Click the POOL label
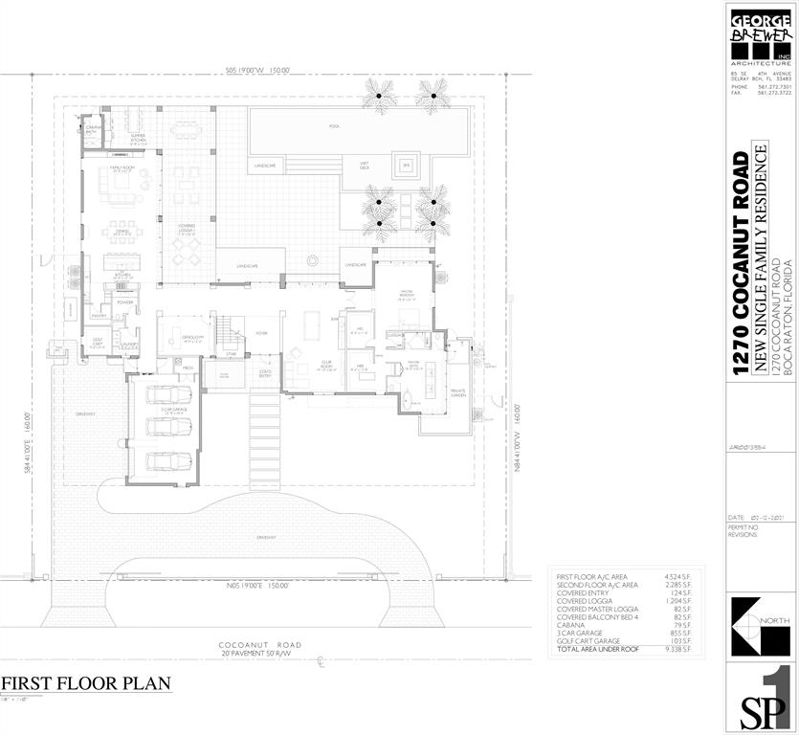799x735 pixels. tap(334, 125)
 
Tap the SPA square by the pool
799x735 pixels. tap(406, 165)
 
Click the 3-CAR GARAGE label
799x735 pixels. tap(173, 411)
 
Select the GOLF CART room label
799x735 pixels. tap(97, 340)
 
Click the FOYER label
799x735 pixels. tap(260, 334)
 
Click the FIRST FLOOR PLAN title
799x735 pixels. tap(86, 683)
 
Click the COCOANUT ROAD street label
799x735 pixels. tap(258, 645)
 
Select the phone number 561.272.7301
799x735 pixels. tap(776, 86)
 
